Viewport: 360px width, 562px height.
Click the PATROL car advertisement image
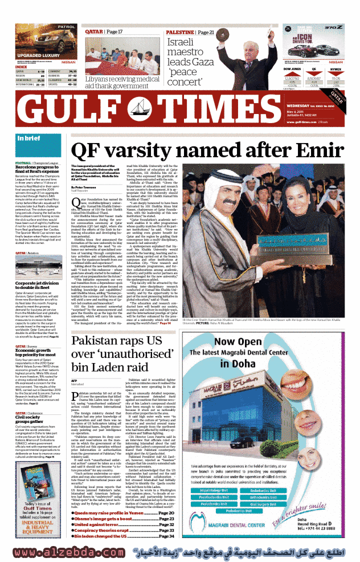click(x=40, y=40)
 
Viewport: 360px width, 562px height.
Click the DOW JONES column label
click(x=292, y=68)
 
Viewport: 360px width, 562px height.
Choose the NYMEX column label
click(x=336, y=68)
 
